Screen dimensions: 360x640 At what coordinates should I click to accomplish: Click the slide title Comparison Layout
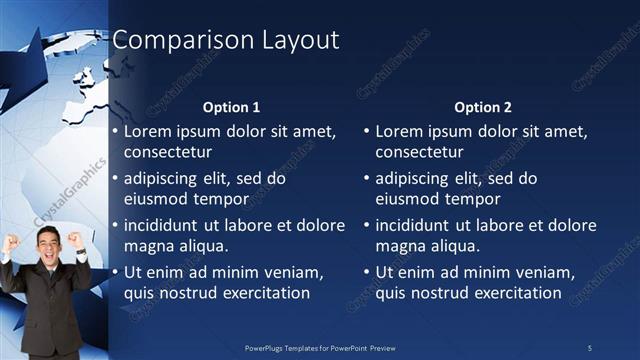point(225,40)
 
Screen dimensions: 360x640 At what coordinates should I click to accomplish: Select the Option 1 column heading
point(231,107)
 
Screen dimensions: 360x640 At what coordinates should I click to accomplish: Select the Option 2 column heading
point(483,107)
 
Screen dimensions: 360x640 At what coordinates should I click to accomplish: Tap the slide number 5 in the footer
point(589,347)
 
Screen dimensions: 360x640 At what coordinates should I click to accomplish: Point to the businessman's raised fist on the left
point(13,241)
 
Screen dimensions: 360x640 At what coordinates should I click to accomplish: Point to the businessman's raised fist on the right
point(75,239)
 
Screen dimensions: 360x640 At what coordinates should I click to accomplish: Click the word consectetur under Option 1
point(167,152)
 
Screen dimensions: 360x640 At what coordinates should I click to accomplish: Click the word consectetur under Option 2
point(419,152)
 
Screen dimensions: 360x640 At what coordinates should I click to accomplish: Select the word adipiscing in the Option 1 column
point(162,179)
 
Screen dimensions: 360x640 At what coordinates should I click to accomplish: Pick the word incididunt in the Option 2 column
point(417,226)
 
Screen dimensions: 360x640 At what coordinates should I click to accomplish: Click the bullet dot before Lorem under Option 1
point(115,132)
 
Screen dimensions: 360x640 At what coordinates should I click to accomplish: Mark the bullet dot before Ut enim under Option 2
point(367,273)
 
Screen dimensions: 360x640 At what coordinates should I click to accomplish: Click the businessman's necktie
point(47,290)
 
